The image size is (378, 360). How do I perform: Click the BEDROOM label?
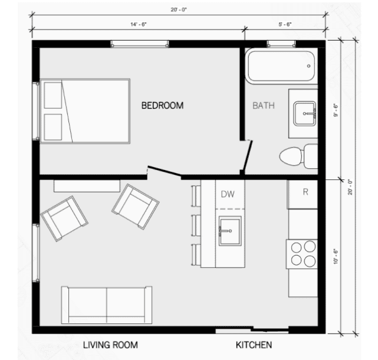click(162, 106)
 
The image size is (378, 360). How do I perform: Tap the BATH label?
click(263, 106)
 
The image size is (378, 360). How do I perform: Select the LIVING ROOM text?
click(110, 345)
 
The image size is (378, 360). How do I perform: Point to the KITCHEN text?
click(254, 345)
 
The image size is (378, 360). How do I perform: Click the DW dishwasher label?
click(228, 194)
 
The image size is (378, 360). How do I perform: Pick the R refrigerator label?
click(305, 192)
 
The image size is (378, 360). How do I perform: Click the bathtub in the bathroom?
click(280, 66)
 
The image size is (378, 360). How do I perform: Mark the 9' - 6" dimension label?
click(336, 110)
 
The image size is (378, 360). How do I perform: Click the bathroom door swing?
click(248, 155)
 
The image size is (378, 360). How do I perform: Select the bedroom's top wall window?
click(140, 44)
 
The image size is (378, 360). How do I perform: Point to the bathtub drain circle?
click(310, 66)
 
